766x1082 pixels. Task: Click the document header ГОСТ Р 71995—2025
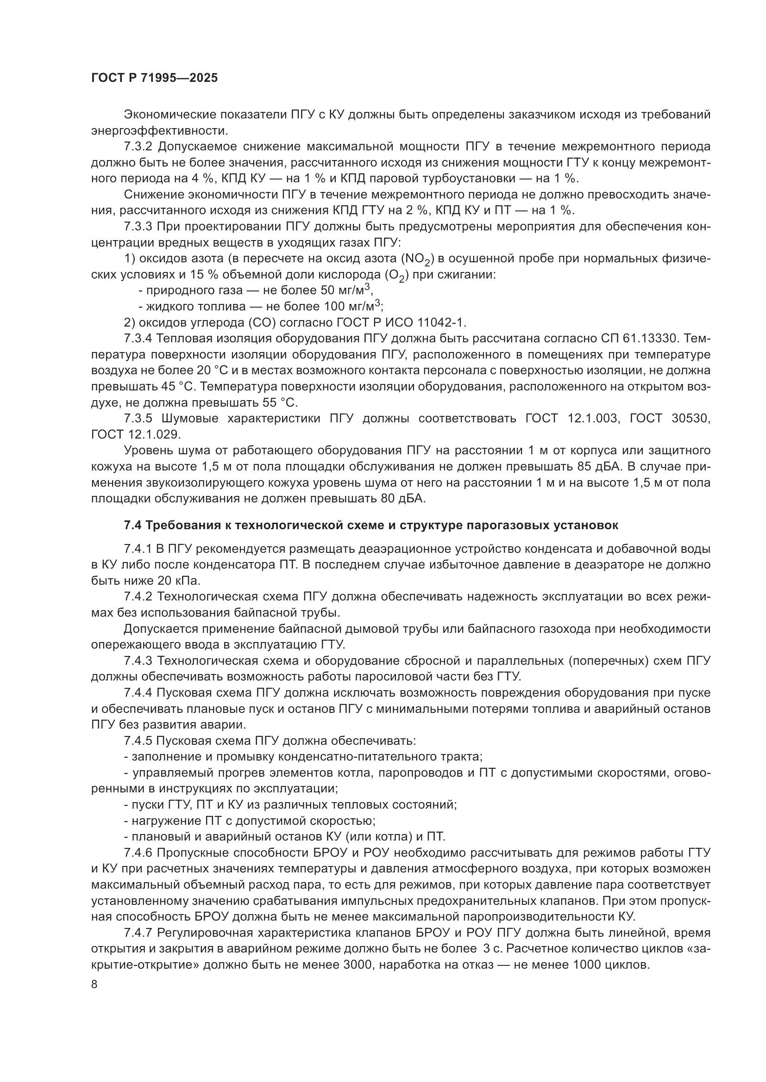coord(154,78)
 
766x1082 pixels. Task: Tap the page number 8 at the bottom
coord(94,984)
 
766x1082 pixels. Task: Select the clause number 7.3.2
coord(139,147)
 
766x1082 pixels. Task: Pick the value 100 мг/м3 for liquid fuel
coord(352,306)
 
